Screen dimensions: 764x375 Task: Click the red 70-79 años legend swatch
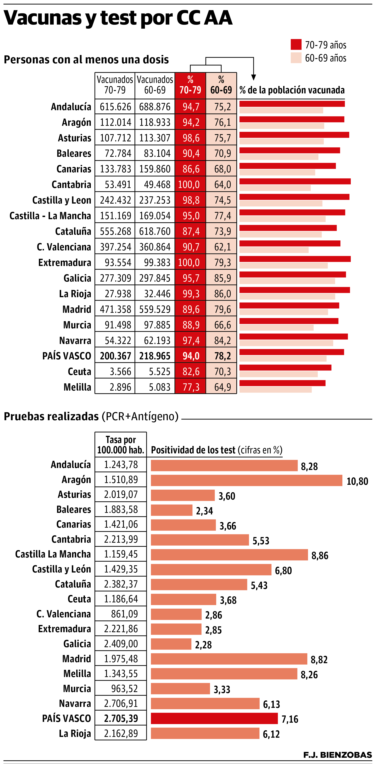(x=296, y=44)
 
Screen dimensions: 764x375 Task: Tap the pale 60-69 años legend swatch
(x=296, y=58)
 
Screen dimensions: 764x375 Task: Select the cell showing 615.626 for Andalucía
(x=115, y=107)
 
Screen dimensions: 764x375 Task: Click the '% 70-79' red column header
(x=190, y=85)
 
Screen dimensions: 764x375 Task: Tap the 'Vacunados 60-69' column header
(x=155, y=85)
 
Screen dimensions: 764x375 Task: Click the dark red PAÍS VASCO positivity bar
(x=214, y=719)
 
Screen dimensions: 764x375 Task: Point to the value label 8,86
(x=320, y=556)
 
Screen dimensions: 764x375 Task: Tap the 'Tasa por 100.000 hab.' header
(x=121, y=445)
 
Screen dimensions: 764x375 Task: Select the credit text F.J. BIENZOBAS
(x=337, y=755)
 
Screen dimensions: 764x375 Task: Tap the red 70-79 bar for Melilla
(x=282, y=383)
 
